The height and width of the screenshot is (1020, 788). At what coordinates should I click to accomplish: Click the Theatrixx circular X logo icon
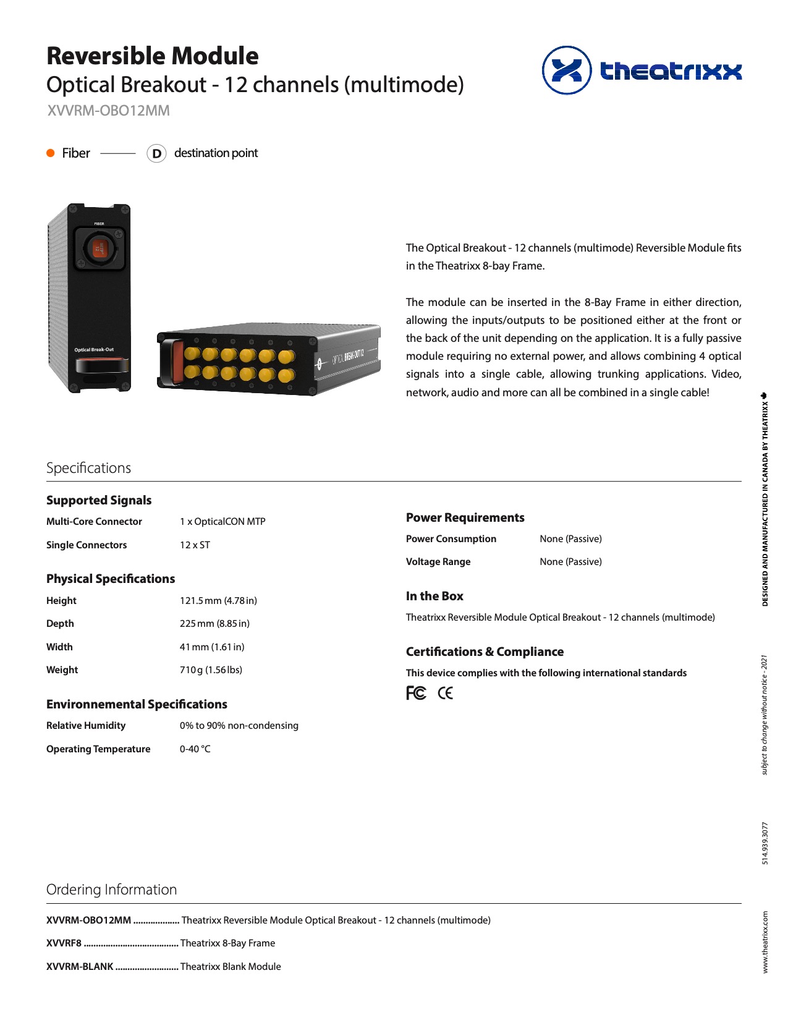(x=566, y=70)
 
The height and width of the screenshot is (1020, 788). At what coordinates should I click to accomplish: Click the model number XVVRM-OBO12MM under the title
(x=108, y=111)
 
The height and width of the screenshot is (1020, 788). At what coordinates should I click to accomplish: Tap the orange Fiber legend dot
(x=51, y=153)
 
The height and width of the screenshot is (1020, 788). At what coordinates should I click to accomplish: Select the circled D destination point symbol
(x=156, y=153)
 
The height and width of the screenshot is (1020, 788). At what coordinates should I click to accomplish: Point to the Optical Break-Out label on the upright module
(x=94, y=350)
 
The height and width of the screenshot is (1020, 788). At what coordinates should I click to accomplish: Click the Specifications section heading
(x=88, y=468)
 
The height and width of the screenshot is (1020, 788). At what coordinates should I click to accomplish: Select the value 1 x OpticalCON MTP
(x=222, y=522)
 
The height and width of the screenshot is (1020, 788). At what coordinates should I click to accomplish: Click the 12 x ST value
(x=195, y=545)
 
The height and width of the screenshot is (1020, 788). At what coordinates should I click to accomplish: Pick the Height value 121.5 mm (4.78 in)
(x=218, y=601)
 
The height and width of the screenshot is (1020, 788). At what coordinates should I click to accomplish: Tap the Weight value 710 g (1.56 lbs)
(x=211, y=670)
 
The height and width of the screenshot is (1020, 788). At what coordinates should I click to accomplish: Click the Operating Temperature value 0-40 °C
(x=195, y=749)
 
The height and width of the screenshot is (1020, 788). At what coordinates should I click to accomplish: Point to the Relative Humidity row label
(x=86, y=726)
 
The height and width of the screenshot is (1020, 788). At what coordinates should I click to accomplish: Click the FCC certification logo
(x=416, y=694)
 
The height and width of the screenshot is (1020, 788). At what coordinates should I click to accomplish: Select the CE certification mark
(x=445, y=694)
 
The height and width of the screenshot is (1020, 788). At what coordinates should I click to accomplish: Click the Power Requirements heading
(x=465, y=518)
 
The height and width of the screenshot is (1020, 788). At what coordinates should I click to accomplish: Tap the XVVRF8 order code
(x=64, y=943)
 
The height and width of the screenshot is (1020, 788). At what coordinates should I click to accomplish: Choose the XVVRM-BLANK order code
(x=80, y=967)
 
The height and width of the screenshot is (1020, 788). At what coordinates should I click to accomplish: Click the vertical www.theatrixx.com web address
(x=765, y=942)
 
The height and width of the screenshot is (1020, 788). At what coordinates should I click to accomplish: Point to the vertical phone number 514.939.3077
(x=765, y=843)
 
